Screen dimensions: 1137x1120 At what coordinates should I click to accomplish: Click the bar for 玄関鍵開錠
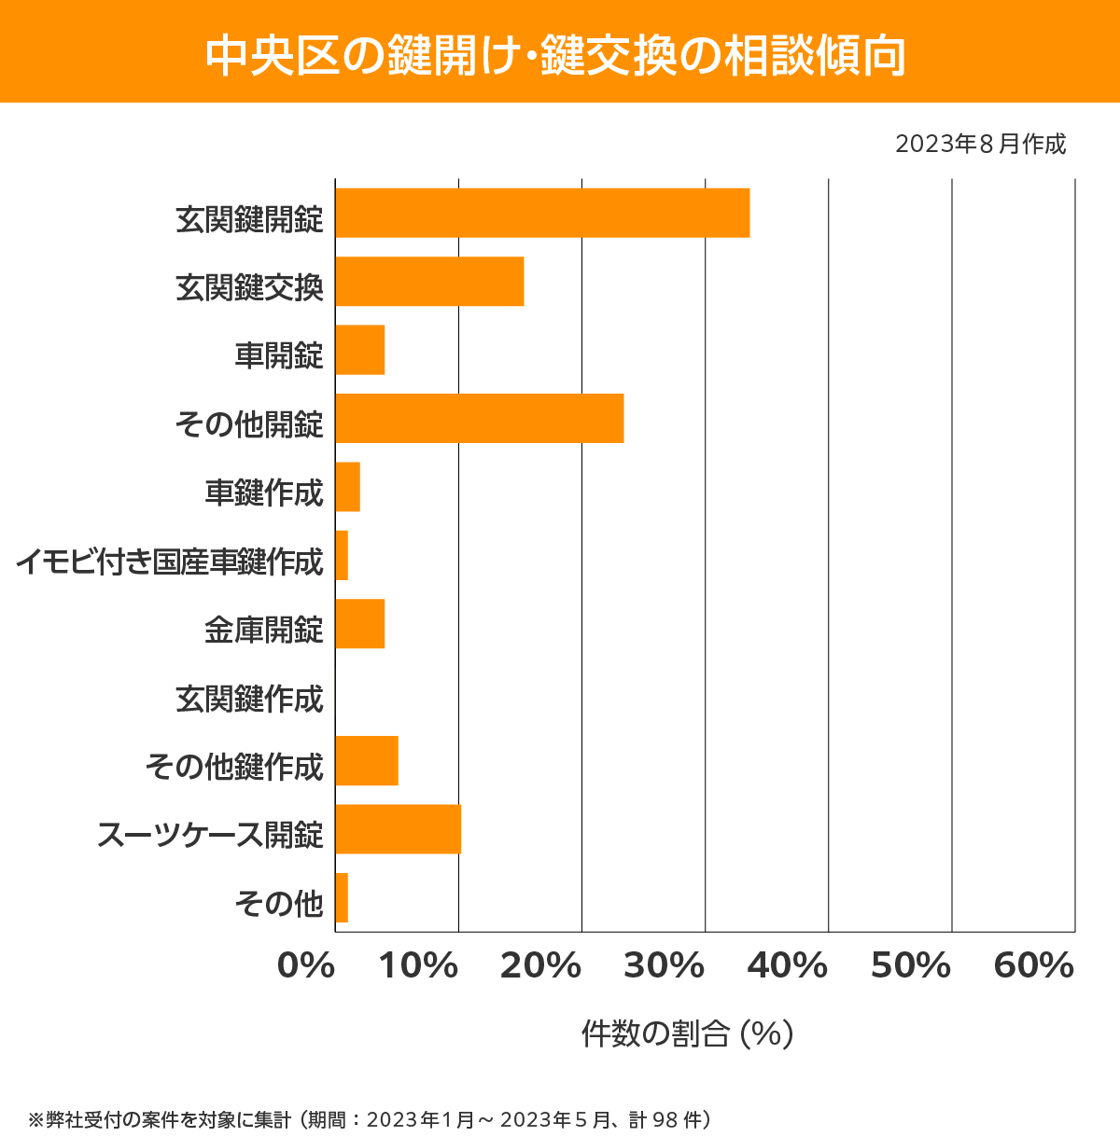[542, 213]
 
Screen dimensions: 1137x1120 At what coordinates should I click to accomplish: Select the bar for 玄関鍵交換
[429, 281]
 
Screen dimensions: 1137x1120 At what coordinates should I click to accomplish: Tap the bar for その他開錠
[479, 418]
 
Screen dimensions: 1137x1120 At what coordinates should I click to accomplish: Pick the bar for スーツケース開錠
[398, 829]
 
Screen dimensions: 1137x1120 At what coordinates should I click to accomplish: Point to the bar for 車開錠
[360, 350]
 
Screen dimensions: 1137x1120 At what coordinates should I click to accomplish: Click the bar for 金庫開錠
[360, 624]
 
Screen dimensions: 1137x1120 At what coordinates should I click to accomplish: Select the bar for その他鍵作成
[367, 760]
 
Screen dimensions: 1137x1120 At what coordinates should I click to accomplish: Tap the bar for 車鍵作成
[347, 487]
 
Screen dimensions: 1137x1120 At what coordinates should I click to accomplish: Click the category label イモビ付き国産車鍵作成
[169, 562]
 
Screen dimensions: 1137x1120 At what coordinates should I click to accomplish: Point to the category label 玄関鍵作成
[249, 699]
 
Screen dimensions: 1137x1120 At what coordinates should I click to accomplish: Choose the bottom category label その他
[279, 903]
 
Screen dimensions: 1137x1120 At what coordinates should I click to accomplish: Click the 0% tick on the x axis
[306, 966]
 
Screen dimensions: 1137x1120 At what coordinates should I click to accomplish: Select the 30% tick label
[664, 966]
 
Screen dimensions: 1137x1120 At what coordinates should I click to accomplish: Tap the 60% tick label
[1034, 966]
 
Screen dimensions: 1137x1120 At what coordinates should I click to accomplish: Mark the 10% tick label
[417, 966]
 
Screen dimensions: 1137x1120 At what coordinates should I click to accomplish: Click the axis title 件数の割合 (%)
[687, 1033]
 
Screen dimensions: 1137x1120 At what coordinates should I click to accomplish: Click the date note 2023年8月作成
[980, 145]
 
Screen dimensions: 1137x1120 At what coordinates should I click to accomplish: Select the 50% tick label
[910, 966]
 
